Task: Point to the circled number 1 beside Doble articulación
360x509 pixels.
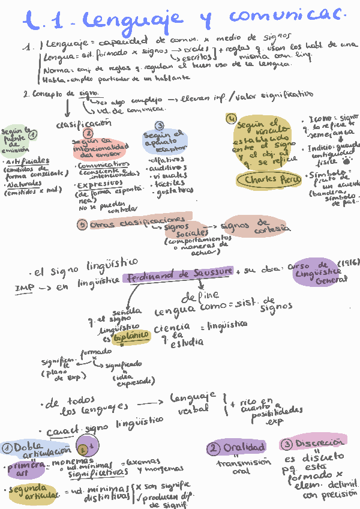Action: point(8,447)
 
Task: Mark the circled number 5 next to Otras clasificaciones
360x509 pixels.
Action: point(83,224)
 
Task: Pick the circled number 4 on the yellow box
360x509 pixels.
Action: point(230,118)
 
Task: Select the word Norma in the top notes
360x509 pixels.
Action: point(56,70)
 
